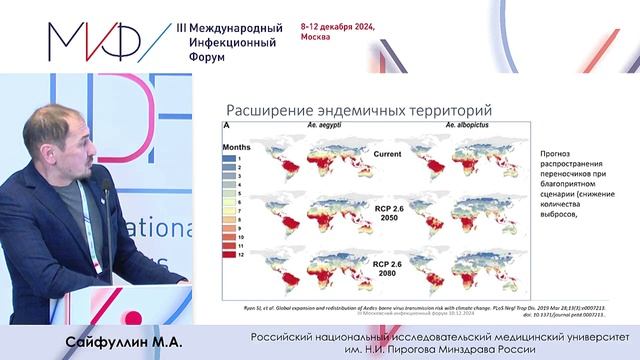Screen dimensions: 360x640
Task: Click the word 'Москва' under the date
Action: click(x=316, y=43)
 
